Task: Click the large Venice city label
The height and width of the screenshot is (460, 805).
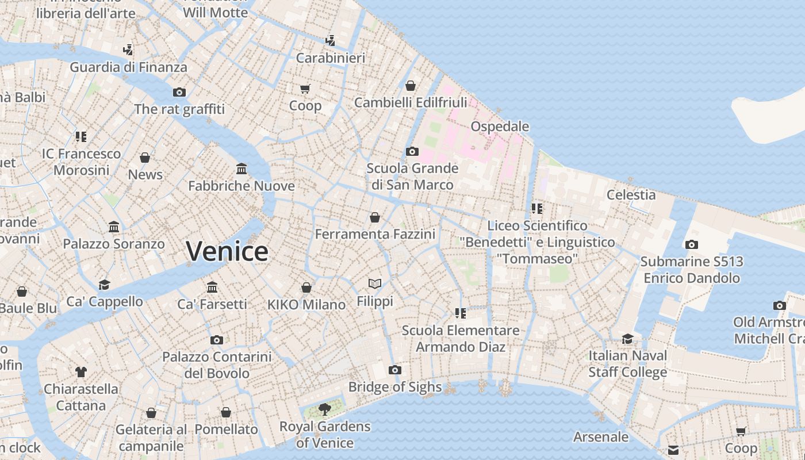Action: pos(227,251)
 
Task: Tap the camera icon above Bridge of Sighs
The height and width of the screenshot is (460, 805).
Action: pos(395,370)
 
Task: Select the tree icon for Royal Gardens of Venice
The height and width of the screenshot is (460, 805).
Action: pos(325,409)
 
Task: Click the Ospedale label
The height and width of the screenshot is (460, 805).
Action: pos(500,126)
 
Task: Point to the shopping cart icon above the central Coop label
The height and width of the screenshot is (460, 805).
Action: pos(305,89)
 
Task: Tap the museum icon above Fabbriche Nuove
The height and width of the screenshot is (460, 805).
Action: pos(241,169)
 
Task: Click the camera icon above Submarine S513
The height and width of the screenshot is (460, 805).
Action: pos(692,244)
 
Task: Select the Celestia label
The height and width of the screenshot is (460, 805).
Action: pos(631,194)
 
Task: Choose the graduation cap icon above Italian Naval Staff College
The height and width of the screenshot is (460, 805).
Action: pos(627,339)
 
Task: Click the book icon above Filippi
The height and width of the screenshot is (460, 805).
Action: pos(375,284)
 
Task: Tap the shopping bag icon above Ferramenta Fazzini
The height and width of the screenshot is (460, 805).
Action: pos(375,217)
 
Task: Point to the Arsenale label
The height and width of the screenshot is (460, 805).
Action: pos(601,436)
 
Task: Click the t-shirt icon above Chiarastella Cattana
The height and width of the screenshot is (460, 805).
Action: pos(81,372)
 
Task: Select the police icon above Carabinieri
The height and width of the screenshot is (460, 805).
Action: pos(330,41)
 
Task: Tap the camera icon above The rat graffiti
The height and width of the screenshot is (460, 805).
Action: pos(179,92)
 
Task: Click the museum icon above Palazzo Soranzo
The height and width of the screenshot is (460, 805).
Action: pos(114,227)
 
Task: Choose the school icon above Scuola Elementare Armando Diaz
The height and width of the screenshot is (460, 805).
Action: pos(460,313)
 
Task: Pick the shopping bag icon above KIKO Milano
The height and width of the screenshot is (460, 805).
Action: pos(306,287)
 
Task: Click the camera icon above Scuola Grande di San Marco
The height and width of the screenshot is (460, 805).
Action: pos(412,152)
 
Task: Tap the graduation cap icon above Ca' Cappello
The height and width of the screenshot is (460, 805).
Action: pos(104,285)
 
